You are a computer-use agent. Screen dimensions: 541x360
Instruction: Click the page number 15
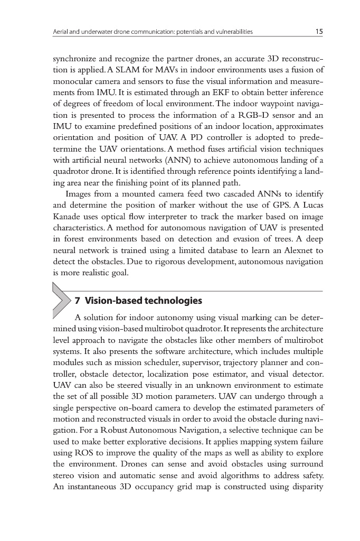pos(319,32)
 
